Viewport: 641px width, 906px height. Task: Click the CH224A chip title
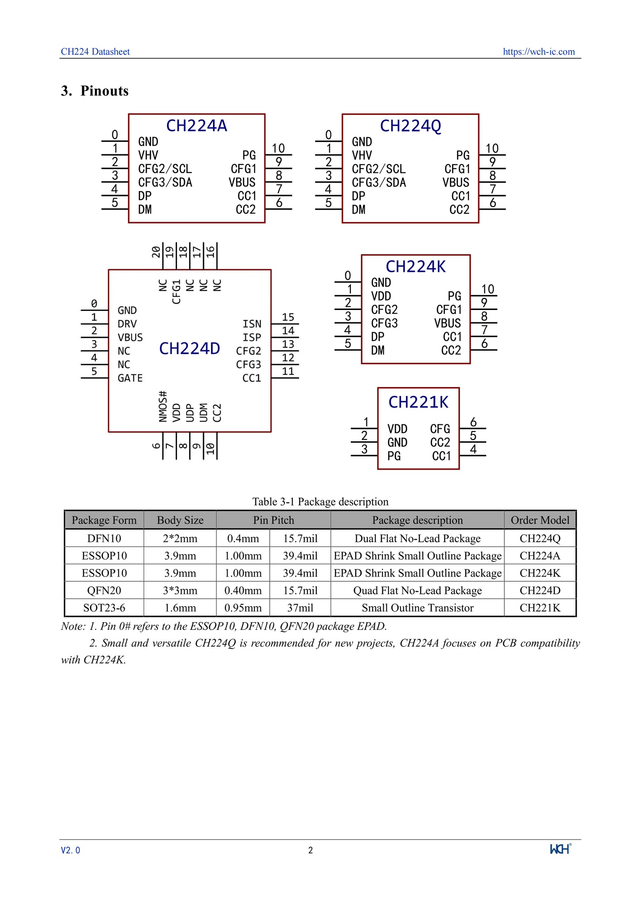point(197,126)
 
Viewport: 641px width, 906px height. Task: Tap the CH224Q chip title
point(410,126)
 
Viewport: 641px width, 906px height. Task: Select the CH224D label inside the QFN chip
point(189,349)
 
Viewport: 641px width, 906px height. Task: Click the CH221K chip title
point(418,402)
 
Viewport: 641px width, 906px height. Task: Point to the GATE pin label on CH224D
point(130,378)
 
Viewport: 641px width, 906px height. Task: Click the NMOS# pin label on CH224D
point(163,406)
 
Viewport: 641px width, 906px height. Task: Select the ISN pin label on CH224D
point(252,324)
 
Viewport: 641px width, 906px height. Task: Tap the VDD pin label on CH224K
point(381,296)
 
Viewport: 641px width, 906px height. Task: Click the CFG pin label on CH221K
point(440,429)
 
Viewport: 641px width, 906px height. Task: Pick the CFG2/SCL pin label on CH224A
point(165,169)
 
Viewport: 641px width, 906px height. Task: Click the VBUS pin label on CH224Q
point(456,183)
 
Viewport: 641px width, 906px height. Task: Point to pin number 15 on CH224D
point(288,317)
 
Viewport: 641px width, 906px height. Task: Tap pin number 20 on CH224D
point(156,252)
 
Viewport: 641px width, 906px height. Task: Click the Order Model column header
point(540,520)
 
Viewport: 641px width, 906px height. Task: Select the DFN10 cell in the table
point(104,538)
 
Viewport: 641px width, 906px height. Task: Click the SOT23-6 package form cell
point(104,608)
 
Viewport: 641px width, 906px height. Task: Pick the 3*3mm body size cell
point(180,591)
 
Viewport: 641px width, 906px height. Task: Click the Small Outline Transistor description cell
point(417,608)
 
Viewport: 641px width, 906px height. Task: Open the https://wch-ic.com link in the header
point(539,51)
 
